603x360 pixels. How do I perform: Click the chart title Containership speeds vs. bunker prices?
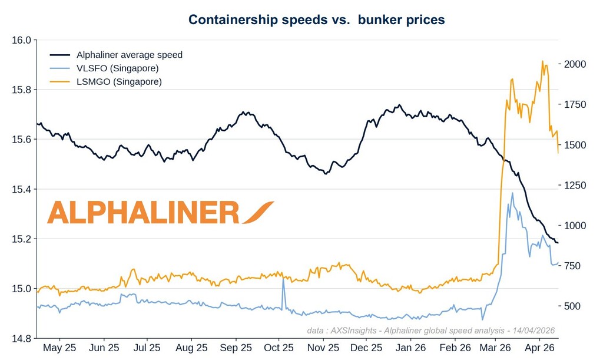click(316, 19)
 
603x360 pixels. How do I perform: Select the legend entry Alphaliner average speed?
click(130, 55)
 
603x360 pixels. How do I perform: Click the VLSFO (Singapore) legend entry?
click(118, 68)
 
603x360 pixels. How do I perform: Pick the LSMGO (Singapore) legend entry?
click(119, 82)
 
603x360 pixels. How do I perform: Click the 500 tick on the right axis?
click(572, 306)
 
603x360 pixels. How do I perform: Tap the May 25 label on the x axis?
click(60, 348)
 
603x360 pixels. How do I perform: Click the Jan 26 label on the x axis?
click(410, 348)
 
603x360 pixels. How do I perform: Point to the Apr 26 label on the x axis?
click(539, 348)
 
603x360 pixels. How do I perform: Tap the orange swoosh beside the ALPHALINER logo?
click(257, 213)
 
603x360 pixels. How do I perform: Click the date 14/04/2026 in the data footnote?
click(533, 331)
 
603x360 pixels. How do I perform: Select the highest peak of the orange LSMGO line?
click(542, 61)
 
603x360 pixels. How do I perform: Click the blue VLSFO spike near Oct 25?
click(283, 279)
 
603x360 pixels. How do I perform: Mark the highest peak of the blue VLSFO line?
click(512, 193)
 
